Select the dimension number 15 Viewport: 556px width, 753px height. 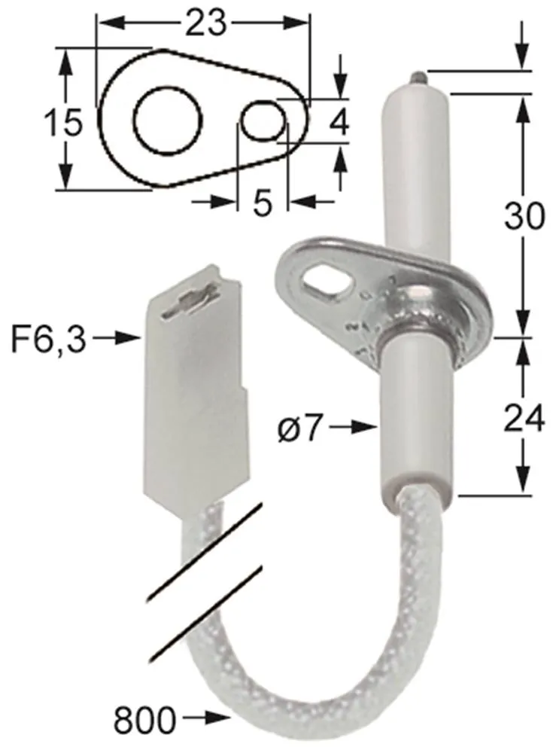click(62, 121)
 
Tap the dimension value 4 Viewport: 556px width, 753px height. click(340, 122)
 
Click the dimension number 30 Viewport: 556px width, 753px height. click(524, 217)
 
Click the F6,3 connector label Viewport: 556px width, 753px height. click(47, 340)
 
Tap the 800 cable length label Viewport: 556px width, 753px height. click(144, 721)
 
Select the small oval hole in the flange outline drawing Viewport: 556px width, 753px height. click(263, 120)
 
